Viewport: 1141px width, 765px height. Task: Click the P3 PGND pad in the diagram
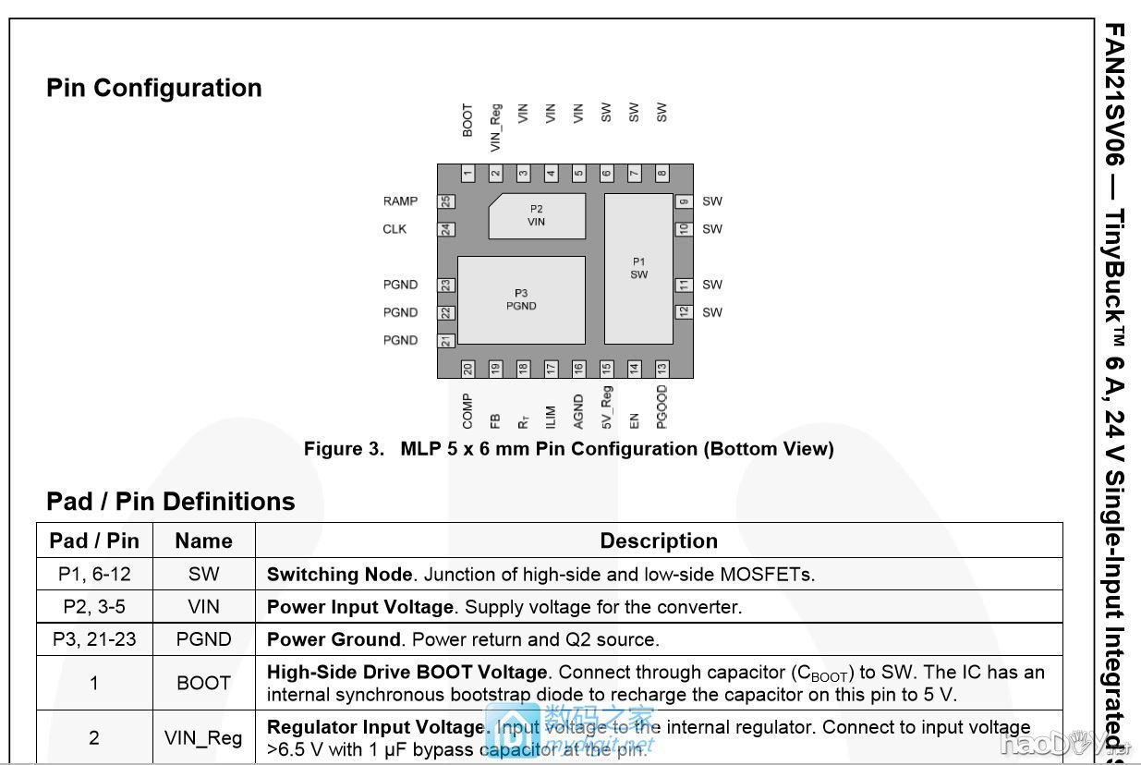point(521,299)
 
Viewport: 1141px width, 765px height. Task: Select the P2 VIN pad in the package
point(537,215)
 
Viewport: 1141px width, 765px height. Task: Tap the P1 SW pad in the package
point(638,268)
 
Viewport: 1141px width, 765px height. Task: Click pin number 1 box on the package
point(468,173)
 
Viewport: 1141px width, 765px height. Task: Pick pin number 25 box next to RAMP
point(446,201)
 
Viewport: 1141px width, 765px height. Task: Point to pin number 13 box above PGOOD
point(662,369)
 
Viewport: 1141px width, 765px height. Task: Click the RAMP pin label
point(400,201)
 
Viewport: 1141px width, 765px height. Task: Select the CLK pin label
point(394,229)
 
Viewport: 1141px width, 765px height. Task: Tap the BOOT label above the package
point(467,120)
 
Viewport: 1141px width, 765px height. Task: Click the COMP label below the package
point(467,411)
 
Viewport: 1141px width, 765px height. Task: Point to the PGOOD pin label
point(662,407)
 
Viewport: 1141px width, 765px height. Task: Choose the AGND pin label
point(578,412)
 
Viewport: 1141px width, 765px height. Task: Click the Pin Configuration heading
point(154,88)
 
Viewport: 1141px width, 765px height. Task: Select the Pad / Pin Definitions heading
point(171,501)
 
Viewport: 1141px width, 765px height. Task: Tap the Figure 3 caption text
point(568,449)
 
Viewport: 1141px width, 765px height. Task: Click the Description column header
point(659,540)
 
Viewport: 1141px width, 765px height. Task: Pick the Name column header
point(203,540)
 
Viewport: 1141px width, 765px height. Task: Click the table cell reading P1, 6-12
point(94,574)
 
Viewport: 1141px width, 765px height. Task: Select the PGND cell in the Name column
point(203,639)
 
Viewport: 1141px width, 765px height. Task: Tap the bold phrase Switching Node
point(339,574)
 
